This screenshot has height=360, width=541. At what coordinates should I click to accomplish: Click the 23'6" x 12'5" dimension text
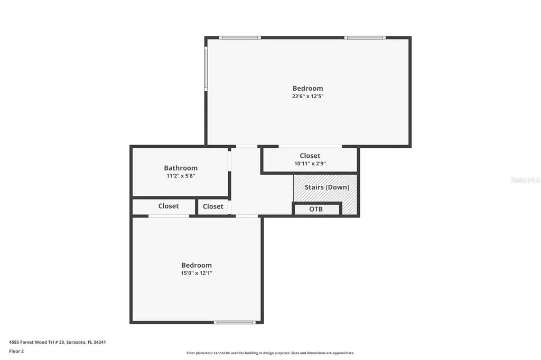[x=307, y=97]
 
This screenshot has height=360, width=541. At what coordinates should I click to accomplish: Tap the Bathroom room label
[x=181, y=168]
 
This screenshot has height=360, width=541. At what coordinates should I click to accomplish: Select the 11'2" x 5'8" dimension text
[x=181, y=176]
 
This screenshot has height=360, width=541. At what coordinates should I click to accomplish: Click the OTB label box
[x=316, y=209]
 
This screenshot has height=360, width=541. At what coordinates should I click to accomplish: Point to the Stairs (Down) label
[x=327, y=187]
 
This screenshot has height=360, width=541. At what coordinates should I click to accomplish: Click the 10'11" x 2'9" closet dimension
[x=310, y=164]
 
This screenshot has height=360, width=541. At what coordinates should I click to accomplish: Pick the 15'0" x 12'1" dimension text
[x=197, y=273]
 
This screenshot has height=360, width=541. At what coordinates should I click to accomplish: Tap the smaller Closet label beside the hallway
[x=213, y=206]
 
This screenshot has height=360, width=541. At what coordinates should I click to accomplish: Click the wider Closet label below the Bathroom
[x=169, y=206]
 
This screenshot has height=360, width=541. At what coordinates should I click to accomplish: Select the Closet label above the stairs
[x=310, y=156]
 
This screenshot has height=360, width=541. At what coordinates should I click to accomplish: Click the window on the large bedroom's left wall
[x=206, y=69]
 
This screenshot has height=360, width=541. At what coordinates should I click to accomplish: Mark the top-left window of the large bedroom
[x=240, y=37]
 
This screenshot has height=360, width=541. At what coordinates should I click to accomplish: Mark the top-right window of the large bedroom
[x=365, y=37]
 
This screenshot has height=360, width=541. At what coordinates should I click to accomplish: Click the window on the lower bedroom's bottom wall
[x=235, y=322]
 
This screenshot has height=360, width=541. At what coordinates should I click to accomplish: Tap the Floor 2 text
[x=16, y=351]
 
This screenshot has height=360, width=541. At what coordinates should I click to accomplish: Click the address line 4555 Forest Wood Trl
[x=58, y=342]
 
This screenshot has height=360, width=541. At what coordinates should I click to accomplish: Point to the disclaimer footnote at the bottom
[x=270, y=353]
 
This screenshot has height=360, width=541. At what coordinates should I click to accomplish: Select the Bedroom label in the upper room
[x=307, y=88]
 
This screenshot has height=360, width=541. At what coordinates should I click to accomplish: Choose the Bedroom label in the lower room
[x=197, y=265]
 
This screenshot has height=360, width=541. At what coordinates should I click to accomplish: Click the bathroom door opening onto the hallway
[x=230, y=160]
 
